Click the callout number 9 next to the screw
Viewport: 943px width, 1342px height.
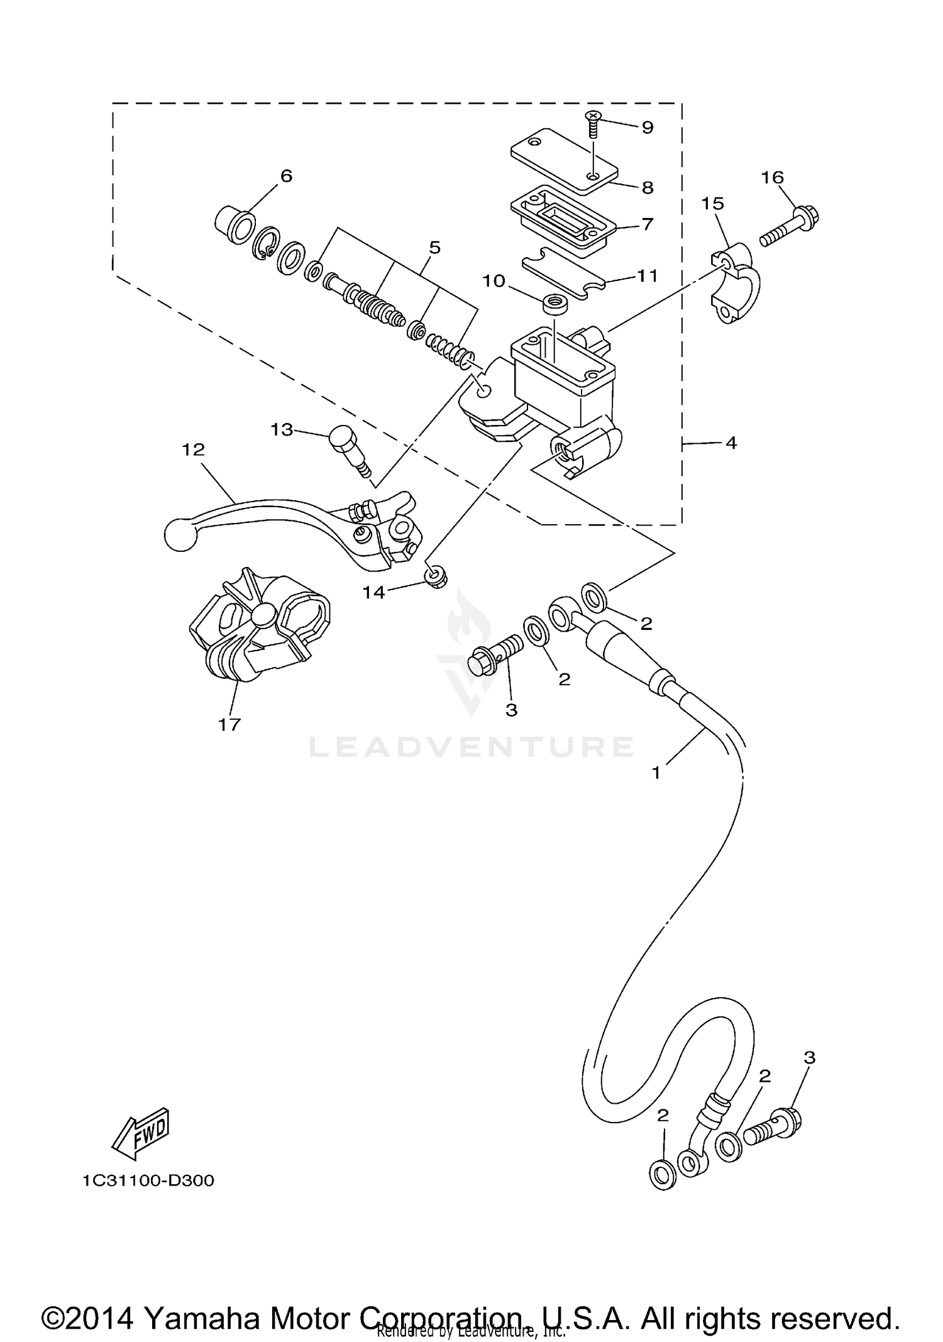[x=647, y=128]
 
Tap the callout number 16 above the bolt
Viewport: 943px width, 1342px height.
[x=773, y=178]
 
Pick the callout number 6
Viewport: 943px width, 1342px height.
[x=286, y=176]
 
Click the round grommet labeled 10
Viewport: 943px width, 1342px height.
[x=553, y=305]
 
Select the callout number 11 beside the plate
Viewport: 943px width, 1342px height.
[x=647, y=276]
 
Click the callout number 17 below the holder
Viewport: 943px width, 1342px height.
[x=229, y=725]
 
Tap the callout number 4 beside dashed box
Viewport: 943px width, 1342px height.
[x=731, y=443]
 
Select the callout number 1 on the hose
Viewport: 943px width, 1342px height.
[x=656, y=773]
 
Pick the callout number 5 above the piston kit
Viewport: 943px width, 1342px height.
[x=434, y=248]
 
